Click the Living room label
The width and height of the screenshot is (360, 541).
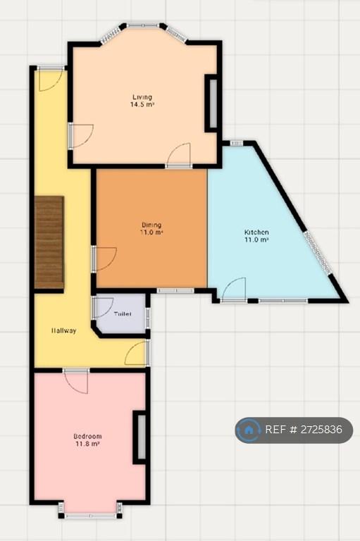pos(142,97)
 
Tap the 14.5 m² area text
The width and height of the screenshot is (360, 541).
pos(142,104)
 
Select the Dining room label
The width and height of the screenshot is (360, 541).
pos(151,225)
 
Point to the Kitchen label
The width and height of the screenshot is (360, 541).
pos(256,232)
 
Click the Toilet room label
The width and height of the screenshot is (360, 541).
pos(123,314)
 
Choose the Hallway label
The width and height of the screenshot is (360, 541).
pos(64,330)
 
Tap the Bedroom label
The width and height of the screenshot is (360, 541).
pos(87,437)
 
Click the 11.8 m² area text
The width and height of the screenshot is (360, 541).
pos(87,444)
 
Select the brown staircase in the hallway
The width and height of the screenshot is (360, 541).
pos(49,242)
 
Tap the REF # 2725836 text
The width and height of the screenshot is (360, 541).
pos(304,430)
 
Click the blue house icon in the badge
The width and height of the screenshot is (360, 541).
pos(249,430)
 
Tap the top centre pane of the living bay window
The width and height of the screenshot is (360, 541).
pos(143,25)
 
